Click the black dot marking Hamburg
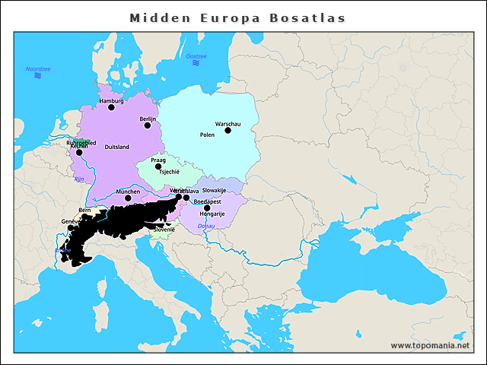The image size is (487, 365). tap(111, 108)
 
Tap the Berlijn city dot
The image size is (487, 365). tap(148, 125)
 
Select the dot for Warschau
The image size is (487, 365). tap(228, 130)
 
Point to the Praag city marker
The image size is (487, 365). tap(158, 167)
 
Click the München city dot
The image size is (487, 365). tap(128, 198)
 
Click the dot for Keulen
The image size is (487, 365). tap(79, 152)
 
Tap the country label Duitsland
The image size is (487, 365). tap(116, 147)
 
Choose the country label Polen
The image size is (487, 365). tap(207, 135)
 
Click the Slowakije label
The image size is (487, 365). tap(215, 190)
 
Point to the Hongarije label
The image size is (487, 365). tap(212, 214)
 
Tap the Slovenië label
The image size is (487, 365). tap(164, 229)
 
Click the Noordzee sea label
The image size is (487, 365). tap(38, 69)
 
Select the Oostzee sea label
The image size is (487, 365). tap(196, 56)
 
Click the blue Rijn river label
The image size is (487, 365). tap(79, 179)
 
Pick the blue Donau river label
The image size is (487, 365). tap(206, 226)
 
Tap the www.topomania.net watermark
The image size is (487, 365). tap(430, 345)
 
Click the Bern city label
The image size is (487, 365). tap(84, 209)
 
